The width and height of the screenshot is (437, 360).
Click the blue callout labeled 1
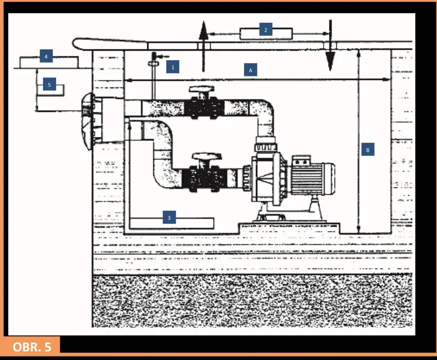[x=173, y=67]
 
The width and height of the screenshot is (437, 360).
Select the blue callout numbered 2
[x=265, y=29]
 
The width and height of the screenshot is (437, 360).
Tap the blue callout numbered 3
[x=169, y=218]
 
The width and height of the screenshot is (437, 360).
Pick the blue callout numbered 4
[x=46, y=56]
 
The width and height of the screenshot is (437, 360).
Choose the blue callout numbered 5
[x=50, y=84]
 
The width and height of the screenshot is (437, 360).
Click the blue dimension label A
[x=251, y=70]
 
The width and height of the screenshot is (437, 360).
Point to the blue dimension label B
[x=367, y=150]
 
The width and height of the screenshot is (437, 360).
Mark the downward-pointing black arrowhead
[x=330, y=61]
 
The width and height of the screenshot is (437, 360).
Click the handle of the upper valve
[x=201, y=89]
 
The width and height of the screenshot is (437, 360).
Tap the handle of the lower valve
[x=207, y=156]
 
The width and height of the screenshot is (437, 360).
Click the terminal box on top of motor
[x=301, y=160]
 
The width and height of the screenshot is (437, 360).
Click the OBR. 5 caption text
[x=32, y=347]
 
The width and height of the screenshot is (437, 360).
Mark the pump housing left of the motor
[x=269, y=178]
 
